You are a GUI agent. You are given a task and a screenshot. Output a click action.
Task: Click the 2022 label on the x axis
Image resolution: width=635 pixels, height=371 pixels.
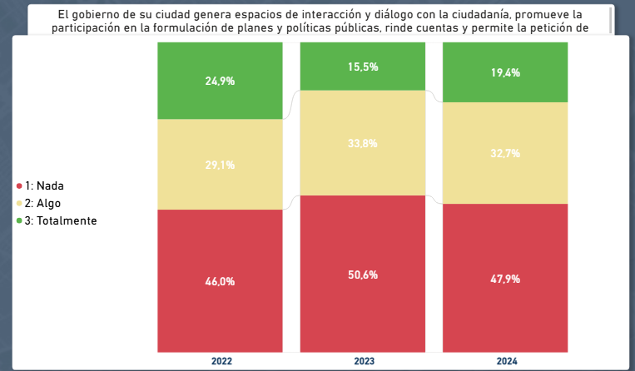pyautogui.click(x=221, y=361)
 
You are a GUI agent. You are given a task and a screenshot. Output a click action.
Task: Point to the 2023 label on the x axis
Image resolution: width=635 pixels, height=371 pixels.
pyautogui.click(x=363, y=361)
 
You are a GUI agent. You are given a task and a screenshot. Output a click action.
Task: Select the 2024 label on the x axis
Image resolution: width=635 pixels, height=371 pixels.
pyautogui.click(x=505, y=361)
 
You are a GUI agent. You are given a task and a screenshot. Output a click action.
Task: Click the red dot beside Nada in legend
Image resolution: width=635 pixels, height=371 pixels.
pyautogui.click(x=19, y=186)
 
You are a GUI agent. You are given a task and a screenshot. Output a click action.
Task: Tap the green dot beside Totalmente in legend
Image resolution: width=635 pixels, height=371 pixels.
pyautogui.click(x=19, y=221)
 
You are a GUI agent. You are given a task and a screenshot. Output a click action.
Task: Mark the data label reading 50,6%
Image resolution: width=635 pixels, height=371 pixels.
pyautogui.click(x=363, y=275)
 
